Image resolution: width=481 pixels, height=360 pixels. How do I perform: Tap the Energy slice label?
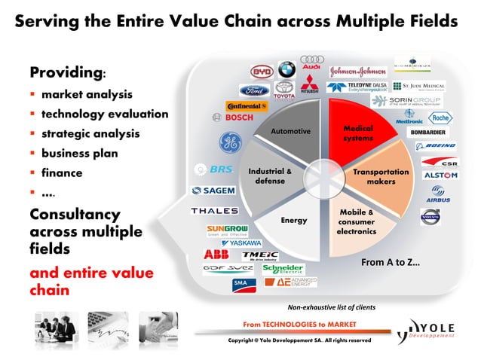tap(293, 221)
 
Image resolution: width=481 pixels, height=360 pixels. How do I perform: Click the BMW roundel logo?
tap(286, 70)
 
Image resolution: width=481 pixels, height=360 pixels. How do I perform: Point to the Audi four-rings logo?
tap(312, 59)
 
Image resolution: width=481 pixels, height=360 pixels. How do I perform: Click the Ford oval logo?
tap(254, 90)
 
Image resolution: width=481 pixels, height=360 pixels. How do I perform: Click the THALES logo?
tap(215, 211)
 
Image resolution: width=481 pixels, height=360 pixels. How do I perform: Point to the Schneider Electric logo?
tap(283, 269)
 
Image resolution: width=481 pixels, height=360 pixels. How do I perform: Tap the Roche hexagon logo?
tap(440, 118)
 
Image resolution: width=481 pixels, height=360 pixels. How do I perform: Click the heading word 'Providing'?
tap(65, 73)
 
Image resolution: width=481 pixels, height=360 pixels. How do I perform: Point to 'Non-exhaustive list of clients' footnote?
tap(332, 308)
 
